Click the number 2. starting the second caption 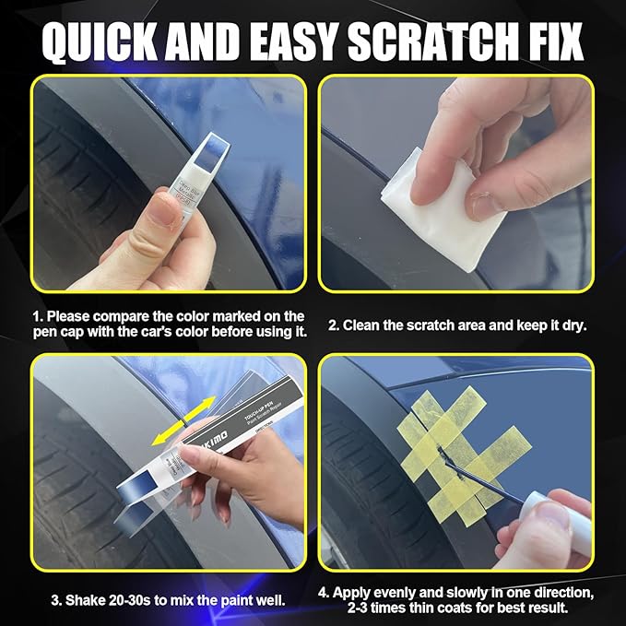pos(336,325)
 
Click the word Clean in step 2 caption pos(366,325)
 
